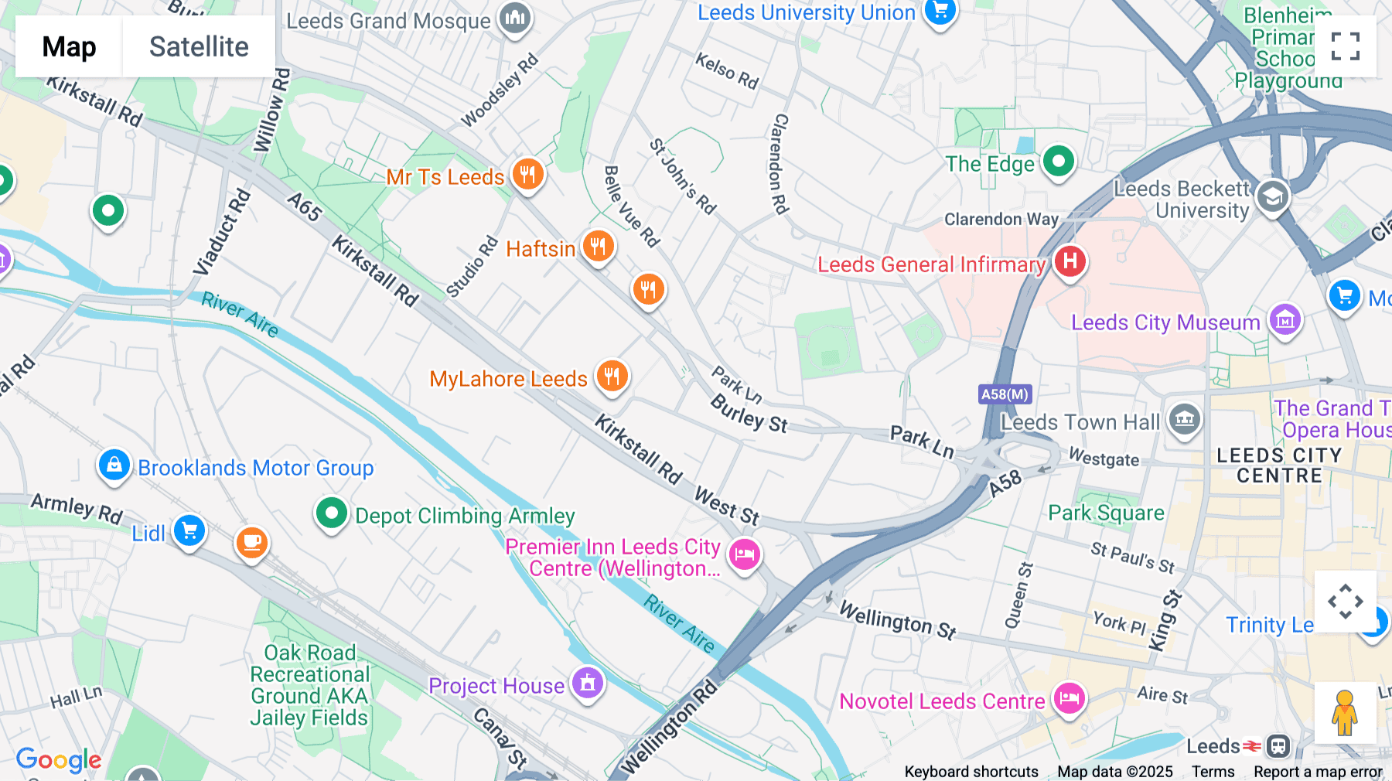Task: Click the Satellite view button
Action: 199,46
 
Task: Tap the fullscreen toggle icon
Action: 1345,46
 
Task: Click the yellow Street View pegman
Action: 1345,713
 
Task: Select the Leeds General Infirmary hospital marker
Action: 1070,261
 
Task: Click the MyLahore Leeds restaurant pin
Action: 612,377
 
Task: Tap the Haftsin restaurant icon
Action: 598,247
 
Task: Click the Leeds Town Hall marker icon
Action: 1184,420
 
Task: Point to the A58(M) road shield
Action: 1005,394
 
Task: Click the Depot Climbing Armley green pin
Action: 332,513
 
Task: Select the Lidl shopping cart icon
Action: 189,530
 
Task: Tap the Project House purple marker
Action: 588,684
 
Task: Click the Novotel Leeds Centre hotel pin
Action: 1070,699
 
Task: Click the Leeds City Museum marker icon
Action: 1285,319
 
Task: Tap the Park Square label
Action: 1106,513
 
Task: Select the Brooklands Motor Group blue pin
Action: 114,466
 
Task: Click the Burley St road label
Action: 749,413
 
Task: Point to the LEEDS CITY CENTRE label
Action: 1279,466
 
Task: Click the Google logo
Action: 59,760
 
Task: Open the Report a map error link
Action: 1318,772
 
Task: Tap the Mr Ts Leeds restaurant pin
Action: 527,175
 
